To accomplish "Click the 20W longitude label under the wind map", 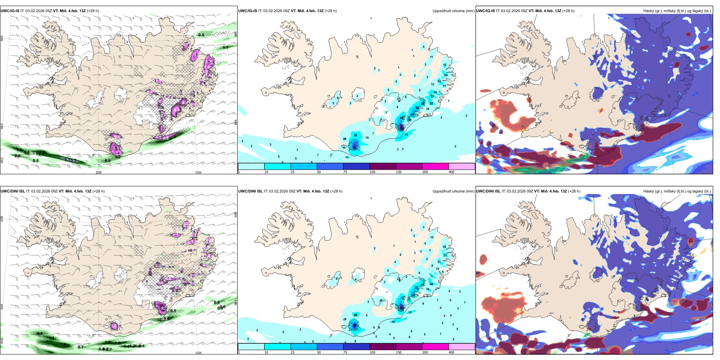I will coord(99,172).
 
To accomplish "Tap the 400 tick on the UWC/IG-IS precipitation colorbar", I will coord(451,172).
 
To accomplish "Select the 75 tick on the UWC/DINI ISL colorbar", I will coord(345,352).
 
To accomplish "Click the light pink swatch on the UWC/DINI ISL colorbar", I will coord(462,346).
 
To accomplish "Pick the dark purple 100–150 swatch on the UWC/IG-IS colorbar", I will coord(382,166).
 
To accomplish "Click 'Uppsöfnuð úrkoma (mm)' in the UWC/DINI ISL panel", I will coord(453,191).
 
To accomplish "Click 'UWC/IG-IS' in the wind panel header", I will coord(10,11).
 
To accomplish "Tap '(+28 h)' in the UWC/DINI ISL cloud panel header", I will coord(574,191).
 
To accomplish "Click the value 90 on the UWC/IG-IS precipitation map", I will coord(354,148).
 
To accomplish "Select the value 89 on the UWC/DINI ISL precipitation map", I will coord(355,325).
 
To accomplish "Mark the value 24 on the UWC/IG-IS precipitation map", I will coord(446,75).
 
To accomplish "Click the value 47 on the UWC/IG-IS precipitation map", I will coord(418,108).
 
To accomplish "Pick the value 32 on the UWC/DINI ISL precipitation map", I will coord(431,284).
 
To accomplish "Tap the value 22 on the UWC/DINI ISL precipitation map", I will coord(355,315).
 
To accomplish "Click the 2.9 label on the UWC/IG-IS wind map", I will coord(116,148).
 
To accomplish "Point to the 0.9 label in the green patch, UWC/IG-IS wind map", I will coord(108,161).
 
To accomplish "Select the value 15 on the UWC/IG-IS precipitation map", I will coord(406,135).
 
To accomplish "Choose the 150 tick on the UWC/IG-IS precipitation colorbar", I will coord(399,172).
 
